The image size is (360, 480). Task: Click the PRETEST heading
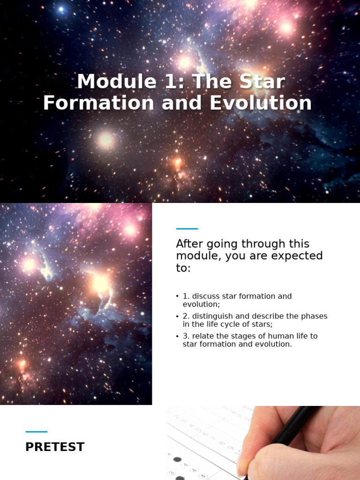tap(55, 447)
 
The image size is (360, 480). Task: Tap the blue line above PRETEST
tap(36, 432)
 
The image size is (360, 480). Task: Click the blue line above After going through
tap(187, 229)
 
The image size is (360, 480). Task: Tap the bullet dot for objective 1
tap(177, 296)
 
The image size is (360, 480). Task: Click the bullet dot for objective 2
tap(177, 316)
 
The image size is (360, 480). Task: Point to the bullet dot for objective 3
tap(177, 336)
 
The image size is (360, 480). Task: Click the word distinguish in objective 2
tap(212, 316)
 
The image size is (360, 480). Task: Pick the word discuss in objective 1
tap(205, 296)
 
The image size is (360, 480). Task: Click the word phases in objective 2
tap(315, 316)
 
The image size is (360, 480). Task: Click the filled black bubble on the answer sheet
tap(177, 459)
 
